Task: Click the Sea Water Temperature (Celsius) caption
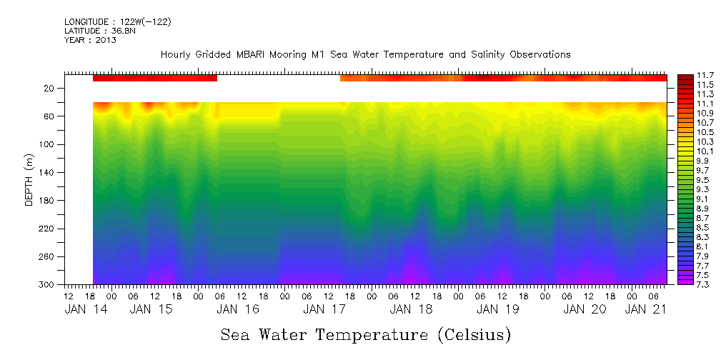coord(366,334)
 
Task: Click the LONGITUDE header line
coord(117,21)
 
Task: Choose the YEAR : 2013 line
coord(90,40)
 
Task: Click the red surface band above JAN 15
coord(154,77)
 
